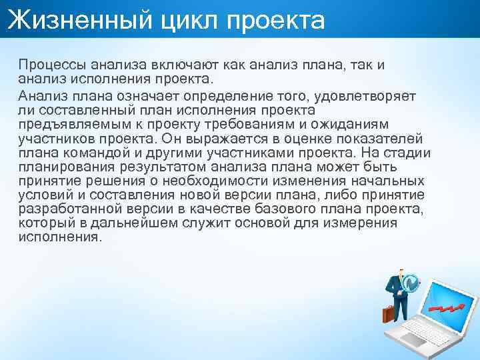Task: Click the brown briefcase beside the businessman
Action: [x=389, y=314]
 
